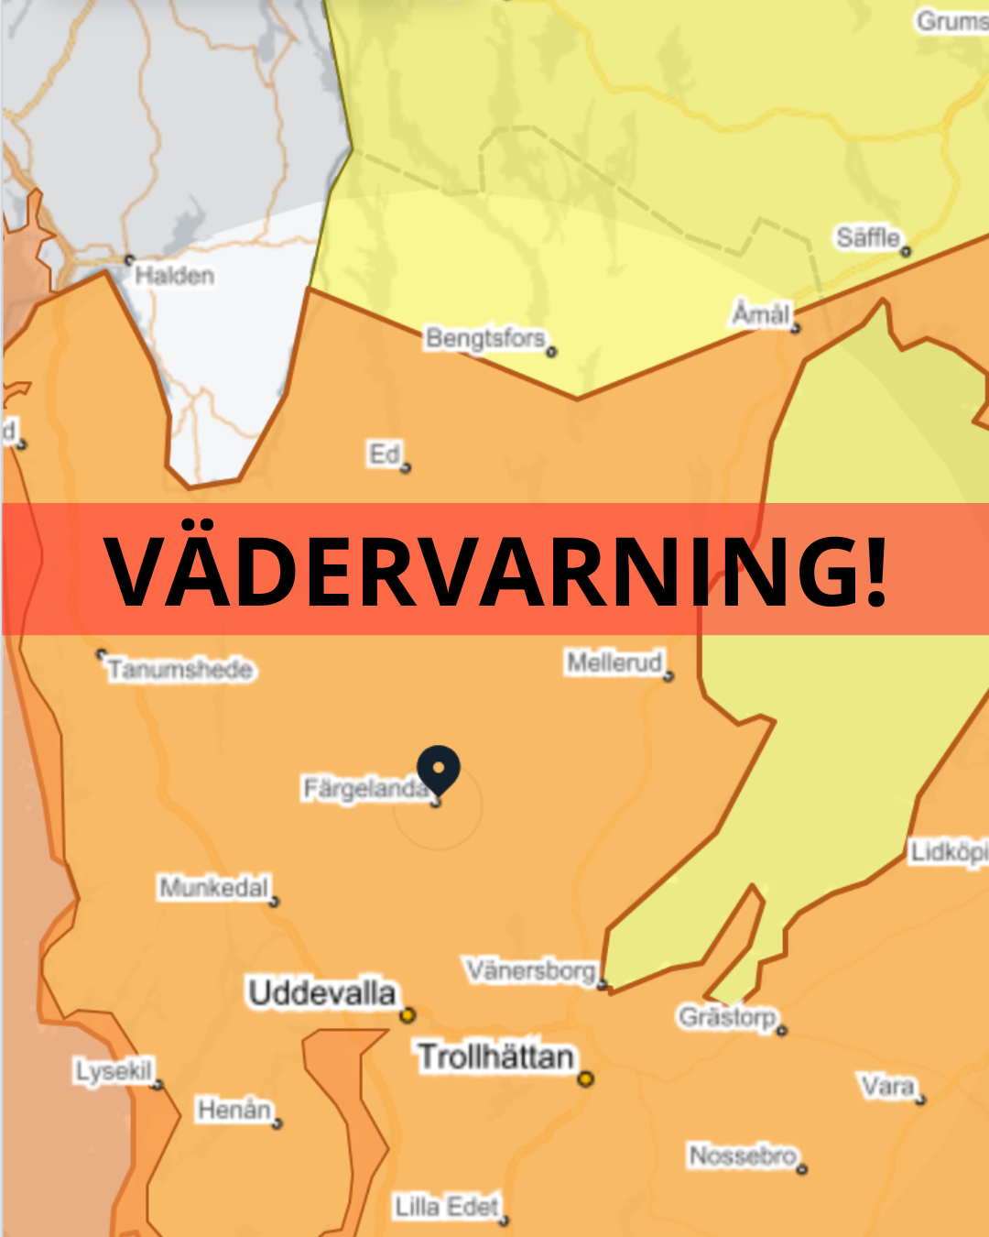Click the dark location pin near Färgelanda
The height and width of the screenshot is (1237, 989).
[439, 768]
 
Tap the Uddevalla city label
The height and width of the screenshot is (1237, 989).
[321, 992]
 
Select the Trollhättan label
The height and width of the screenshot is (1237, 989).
[495, 1056]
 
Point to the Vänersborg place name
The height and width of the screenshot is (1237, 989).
[531, 969]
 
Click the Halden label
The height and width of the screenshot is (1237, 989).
[174, 275]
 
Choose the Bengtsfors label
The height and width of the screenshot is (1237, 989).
[485, 338]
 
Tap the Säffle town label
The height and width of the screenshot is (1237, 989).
[867, 237]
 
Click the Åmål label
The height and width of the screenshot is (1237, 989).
[760, 314]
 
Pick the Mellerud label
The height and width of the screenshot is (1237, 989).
[614, 662]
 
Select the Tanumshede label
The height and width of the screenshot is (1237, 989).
[180, 670]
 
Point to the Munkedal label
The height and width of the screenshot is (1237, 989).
[214, 887]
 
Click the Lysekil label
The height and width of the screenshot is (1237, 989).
[114, 1070]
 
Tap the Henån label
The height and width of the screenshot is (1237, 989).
[234, 1110]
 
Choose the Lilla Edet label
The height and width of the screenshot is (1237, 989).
[447, 1206]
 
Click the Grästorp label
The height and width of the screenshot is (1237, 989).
[727, 1016]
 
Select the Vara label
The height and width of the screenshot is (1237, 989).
[887, 1087]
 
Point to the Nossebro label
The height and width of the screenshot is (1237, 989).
[743, 1155]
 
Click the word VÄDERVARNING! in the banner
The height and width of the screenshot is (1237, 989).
[495, 570]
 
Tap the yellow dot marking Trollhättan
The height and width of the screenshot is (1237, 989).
[585, 1078]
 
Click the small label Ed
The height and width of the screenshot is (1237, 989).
[385, 454]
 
